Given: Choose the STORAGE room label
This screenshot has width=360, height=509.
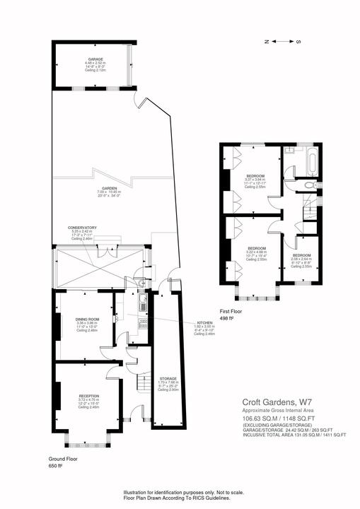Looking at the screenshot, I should pyautogui.click(x=168, y=379).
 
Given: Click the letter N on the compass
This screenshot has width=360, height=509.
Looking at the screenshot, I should pyautogui.click(x=266, y=42).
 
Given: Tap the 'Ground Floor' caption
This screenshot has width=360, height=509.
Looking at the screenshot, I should pyautogui.click(x=62, y=459).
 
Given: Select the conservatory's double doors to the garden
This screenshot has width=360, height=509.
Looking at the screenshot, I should pyautogui.click(x=105, y=247).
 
